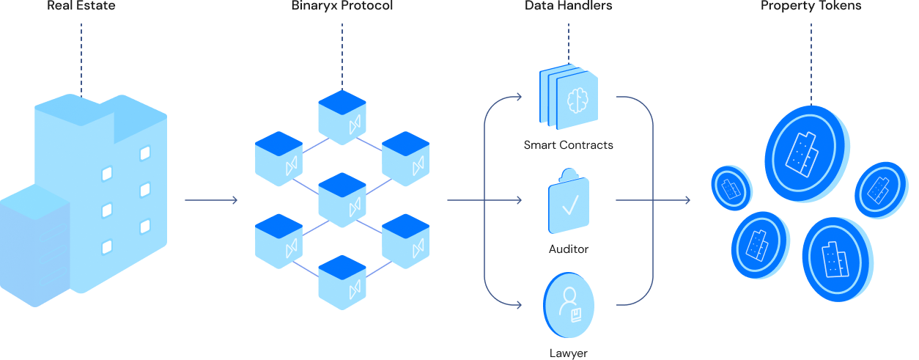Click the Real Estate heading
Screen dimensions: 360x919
81,6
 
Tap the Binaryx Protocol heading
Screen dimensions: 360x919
342,6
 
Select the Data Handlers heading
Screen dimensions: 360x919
568,6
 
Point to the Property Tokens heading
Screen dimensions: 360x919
811,6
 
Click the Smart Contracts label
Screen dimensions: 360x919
568,145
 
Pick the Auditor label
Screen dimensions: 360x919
568,249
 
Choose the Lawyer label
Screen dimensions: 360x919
568,353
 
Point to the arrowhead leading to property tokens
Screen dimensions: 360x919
687,200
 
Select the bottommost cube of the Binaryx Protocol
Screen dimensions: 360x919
342,282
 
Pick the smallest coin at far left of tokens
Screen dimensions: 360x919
731,188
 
